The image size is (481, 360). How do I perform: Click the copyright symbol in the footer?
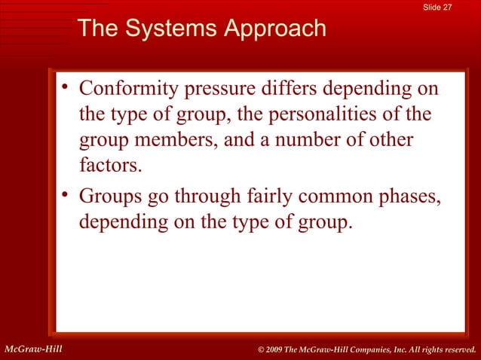[x=262, y=349]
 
